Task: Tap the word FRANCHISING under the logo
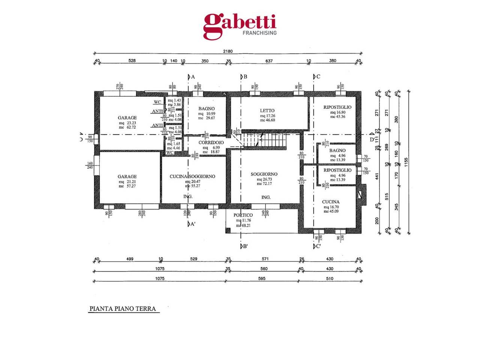[x=259, y=33]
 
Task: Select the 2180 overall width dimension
[x=228, y=51]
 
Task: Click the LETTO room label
[x=267, y=111]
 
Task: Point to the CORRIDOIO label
[x=211, y=142]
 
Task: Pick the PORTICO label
[x=243, y=215]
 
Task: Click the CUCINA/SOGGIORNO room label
[x=192, y=176]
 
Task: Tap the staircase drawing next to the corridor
[x=264, y=140]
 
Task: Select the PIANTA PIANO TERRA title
[x=122, y=309]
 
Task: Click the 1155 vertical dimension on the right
[x=406, y=162]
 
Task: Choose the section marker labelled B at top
[x=244, y=77]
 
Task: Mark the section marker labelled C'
[x=317, y=246]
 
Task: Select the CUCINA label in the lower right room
[x=331, y=202]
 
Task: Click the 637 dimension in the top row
[x=268, y=61]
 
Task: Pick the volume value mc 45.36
[x=337, y=117]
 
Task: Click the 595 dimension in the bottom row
[x=262, y=279]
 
